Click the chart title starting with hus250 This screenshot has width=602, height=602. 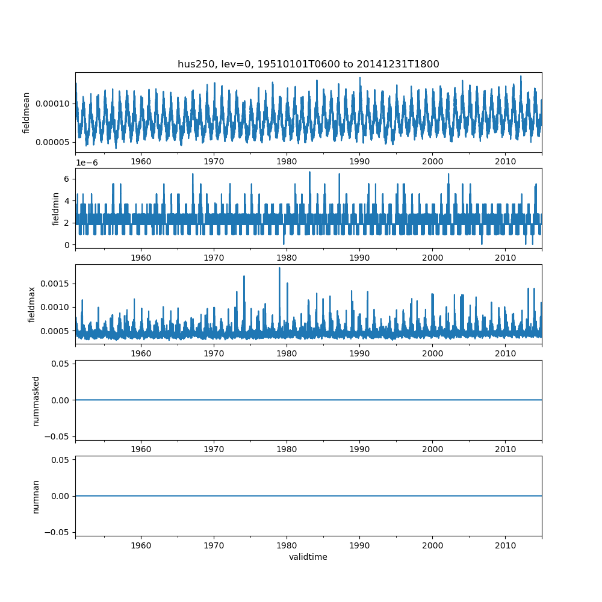tap(308, 64)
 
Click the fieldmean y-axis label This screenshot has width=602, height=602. tap(26, 113)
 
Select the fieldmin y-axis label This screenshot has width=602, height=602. tap(55, 208)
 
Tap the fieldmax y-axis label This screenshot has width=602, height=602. tap(32, 304)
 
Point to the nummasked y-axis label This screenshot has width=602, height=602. tap(36, 400)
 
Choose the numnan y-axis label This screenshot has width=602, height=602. tap(36, 496)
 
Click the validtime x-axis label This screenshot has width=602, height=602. tap(308, 557)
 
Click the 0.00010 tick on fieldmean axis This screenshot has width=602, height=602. tap(53, 104)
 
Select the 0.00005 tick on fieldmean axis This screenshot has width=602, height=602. tap(53, 142)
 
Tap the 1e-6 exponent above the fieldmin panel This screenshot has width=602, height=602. tap(87, 163)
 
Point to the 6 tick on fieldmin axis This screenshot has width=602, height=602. tap(68, 179)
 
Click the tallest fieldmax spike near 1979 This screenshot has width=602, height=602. tap(279, 268)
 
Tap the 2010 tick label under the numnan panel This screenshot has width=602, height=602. tap(505, 545)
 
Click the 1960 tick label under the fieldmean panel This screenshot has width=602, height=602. tap(141, 161)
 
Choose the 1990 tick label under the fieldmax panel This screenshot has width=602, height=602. tap(359, 353)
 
